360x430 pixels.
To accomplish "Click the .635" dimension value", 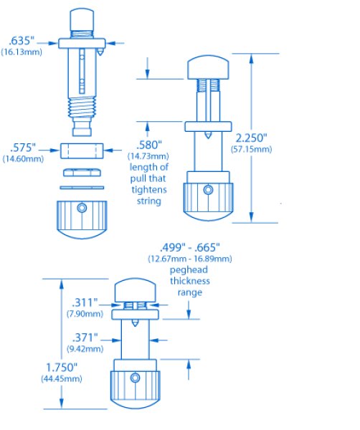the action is (22, 41).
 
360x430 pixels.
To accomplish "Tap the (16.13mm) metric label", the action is (22, 52).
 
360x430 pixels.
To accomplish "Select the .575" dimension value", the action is (23, 148).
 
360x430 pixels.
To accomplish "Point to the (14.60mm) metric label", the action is (23, 159).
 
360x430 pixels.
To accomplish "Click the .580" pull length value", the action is (149, 145).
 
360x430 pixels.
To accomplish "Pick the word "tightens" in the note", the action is (149, 190).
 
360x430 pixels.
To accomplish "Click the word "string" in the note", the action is (149, 201).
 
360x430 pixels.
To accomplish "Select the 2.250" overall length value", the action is (251, 138).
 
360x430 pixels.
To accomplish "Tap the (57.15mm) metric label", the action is (251, 150).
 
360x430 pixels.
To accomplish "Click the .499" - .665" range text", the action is (190, 247).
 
